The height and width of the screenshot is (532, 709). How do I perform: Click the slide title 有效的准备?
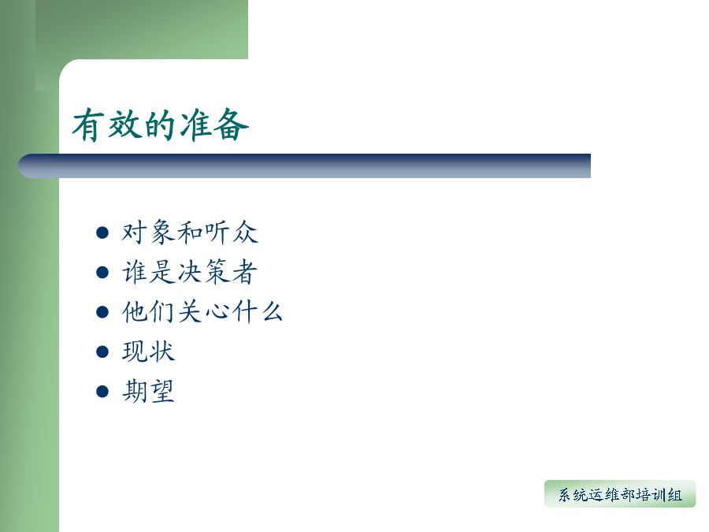[161, 125]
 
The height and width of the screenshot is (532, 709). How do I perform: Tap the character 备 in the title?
[231, 125]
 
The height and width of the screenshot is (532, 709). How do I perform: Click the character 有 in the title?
[88, 125]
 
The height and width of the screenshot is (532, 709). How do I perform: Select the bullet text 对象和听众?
[190, 232]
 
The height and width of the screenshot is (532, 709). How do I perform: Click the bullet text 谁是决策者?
[190, 272]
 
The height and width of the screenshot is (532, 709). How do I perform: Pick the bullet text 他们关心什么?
[202, 311]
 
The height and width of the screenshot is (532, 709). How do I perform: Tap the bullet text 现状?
[148, 352]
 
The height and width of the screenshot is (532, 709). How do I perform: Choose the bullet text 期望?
[148, 391]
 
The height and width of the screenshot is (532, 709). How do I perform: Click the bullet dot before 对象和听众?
[102, 233]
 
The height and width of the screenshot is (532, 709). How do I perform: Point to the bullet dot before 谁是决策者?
[102, 273]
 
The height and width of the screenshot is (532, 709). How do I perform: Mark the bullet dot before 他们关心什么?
[102, 312]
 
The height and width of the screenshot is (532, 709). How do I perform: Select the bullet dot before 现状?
[102, 352]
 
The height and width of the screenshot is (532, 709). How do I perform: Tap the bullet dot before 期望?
[102, 391]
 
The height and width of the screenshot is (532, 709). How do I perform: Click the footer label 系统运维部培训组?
[620, 495]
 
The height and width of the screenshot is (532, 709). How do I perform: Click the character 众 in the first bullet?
[246, 232]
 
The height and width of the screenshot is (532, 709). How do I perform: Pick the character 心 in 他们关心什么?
[216, 311]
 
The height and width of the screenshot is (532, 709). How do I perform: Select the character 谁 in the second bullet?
[134, 272]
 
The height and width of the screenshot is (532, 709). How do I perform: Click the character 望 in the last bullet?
[161, 391]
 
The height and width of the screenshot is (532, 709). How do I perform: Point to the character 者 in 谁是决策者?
[245, 272]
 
